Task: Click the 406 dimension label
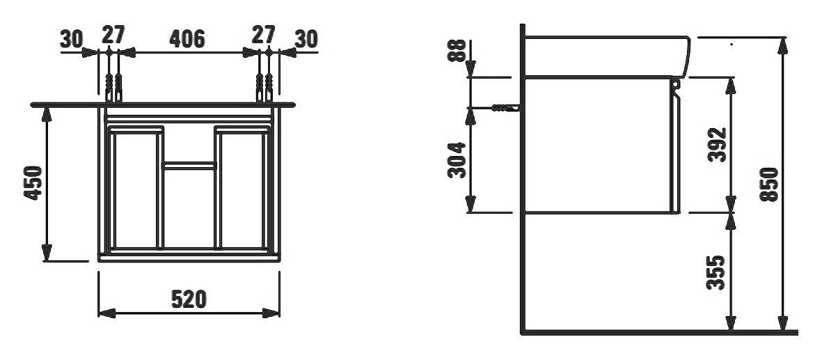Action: coord(187,39)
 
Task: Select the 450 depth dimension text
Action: coord(33,182)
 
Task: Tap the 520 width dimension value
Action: coord(189,299)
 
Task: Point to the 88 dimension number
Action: coord(458,50)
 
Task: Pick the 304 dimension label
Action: coord(457,160)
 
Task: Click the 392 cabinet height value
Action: coord(717,144)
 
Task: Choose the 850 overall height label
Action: coord(769,185)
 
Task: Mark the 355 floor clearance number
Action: coord(716,272)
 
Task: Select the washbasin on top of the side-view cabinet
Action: coord(607,56)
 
